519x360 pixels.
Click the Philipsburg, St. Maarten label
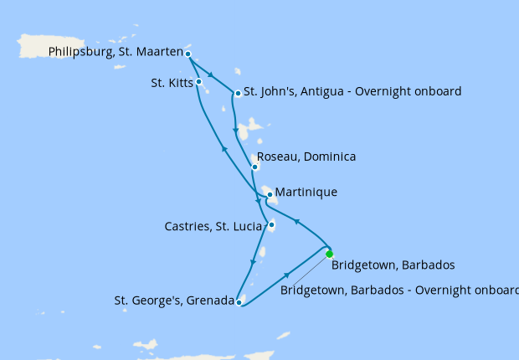[x=116, y=52]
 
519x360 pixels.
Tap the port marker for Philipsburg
[x=188, y=54]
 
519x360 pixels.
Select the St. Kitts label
[x=171, y=83]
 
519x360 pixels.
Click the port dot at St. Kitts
[x=198, y=82]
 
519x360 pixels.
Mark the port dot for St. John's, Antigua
[x=239, y=93]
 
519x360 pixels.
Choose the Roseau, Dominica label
[x=306, y=157]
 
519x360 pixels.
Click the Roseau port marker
[x=254, y=167]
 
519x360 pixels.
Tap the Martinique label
[x=306, y=193]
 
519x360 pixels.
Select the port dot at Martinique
[x=269, y=194]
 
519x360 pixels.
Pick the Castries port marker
[x=272, y=224]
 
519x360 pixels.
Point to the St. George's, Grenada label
[x=173, y=301]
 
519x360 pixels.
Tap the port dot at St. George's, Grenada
[x=239, y=302]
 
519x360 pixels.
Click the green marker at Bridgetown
[x=329, y=254]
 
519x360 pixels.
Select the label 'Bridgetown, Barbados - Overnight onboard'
[x=400, y=291]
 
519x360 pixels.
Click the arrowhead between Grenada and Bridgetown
[x=287, y=275]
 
